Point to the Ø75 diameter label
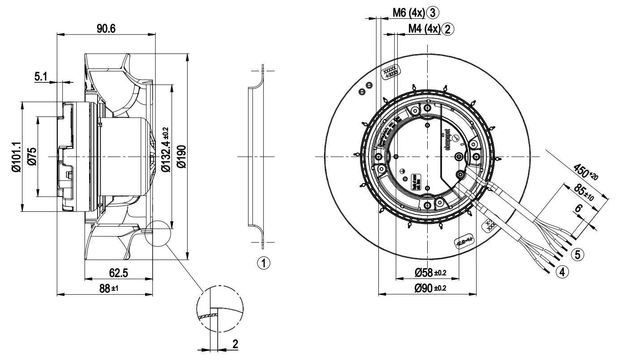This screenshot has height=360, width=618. pyautogui.click(x=32, y=156)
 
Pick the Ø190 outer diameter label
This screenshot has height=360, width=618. pyautogui.click(x=181, y=156)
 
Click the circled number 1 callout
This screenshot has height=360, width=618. pyautogui.click(x=265, y=262)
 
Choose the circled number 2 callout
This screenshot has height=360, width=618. pyautogui.click(x=447, y=29)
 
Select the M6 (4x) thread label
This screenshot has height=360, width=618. pyautogui.click(x=406, y=13)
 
